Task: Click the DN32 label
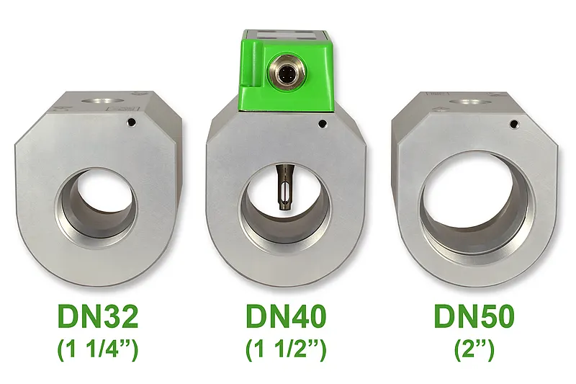[x=98, y=316]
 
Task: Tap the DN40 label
[x=286, y=316]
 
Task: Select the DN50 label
[x=474, y=316]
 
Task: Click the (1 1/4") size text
[x=98, y=349]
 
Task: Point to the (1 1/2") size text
[x=286, y=349]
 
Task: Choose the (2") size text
[x=474, y=349]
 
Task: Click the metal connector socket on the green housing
[x=284, y=71]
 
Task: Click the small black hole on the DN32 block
[x=131, y=121]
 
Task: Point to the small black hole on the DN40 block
[x=322, y=124]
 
